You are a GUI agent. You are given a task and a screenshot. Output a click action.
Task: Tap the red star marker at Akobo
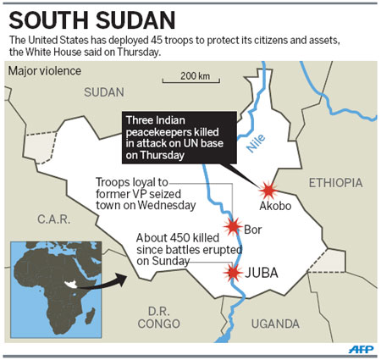click(268, 190)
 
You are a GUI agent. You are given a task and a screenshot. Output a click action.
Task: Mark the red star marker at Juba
click(232, 272)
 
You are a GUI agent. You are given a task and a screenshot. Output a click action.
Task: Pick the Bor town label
click(252, 229)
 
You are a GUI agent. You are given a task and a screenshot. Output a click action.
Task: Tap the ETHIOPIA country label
click(334, 182)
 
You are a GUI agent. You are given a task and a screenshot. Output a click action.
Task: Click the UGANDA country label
click(276, 323)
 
